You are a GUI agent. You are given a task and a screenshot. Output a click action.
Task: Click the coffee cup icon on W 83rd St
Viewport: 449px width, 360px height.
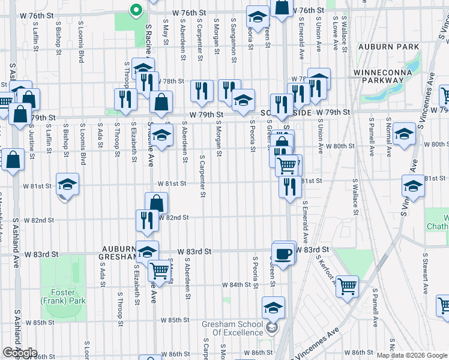[x=284, y=253]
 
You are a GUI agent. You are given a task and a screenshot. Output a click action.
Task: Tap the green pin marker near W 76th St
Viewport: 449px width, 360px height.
[x=136, y=10]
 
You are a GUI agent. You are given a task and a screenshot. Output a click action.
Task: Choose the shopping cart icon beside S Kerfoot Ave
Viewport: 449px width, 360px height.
[x=347, y=286]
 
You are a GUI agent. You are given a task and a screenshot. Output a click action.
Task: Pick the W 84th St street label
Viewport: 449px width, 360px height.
[x=235, y=284]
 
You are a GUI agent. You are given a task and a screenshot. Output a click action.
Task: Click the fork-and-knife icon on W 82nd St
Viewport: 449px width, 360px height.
[x=147, y=220]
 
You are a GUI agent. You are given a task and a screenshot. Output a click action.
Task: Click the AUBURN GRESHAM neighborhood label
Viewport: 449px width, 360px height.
[x=120, y=253]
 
